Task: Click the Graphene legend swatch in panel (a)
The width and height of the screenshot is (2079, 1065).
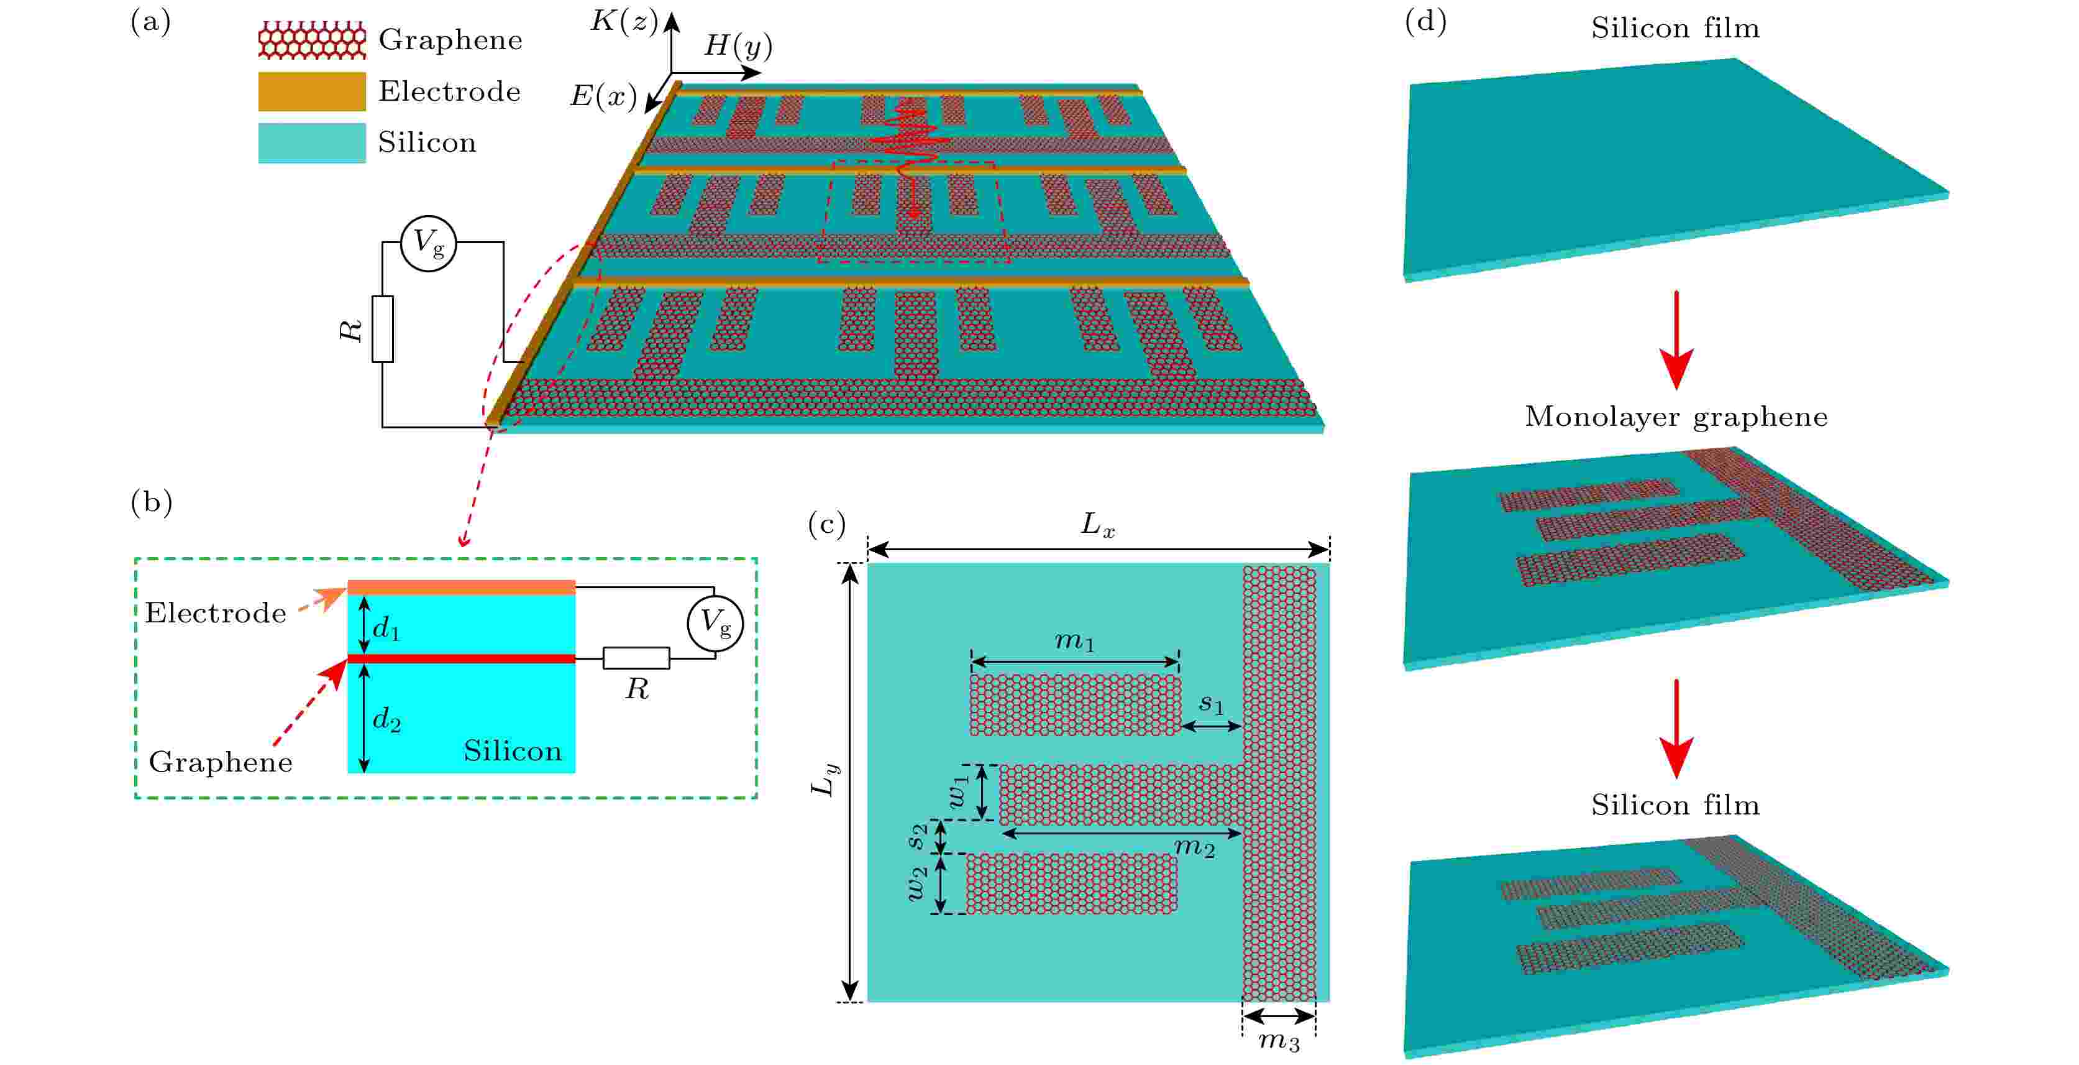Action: point(311,40)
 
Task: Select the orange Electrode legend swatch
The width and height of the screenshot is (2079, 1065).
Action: point(311,91)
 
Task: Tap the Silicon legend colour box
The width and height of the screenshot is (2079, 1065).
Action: point(311,143)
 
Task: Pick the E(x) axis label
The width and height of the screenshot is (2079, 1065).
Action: point(603,97)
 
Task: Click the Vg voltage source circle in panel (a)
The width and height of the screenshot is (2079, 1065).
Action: point(429,243)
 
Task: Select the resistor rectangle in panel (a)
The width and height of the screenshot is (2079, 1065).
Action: point(383,329)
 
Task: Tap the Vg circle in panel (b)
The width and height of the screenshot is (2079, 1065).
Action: point(715,624)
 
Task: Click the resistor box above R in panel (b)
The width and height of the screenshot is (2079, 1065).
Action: point(636,658)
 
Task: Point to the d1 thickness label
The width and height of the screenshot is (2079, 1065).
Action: point(386,627)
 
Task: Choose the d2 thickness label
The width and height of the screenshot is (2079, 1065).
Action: point(386,718)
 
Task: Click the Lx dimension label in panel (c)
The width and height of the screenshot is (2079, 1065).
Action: point(1098,525)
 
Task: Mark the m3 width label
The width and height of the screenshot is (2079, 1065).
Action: point(1279,1041)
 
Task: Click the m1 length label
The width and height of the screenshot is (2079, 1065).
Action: point(1074,641)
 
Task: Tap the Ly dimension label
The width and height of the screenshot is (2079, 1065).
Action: point(825,780)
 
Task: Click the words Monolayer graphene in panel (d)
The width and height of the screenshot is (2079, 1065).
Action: point(1676,417)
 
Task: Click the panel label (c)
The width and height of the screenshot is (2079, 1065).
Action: point(826,525)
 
